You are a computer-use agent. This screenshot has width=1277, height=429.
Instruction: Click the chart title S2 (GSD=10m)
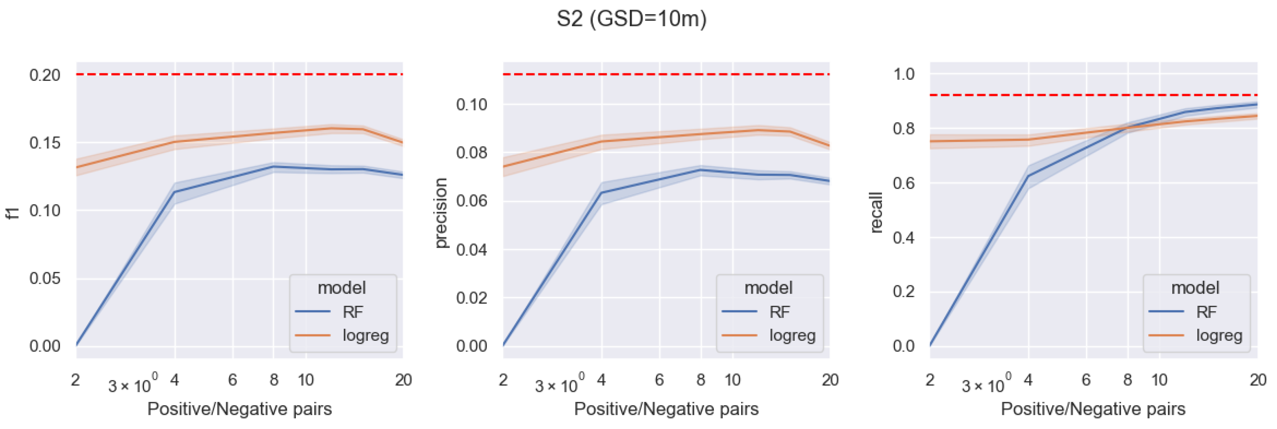pos(632,19)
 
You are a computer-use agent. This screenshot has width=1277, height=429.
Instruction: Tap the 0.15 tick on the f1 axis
pos(45,143)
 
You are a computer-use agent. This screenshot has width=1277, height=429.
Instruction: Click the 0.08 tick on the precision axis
pos(471,152)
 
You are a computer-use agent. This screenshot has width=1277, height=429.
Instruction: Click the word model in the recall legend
pos(1195,288)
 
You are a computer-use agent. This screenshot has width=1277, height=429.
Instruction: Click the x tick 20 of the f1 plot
pos(403,380)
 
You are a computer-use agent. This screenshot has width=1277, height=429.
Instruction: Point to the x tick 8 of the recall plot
pos(1127,380)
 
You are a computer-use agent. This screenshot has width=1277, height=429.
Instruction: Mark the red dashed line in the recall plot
pos(1091,95)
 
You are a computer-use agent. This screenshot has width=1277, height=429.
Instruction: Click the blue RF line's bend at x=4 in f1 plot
pos(174,192)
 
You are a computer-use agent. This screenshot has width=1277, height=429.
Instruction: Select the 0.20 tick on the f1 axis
pos(45,75)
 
